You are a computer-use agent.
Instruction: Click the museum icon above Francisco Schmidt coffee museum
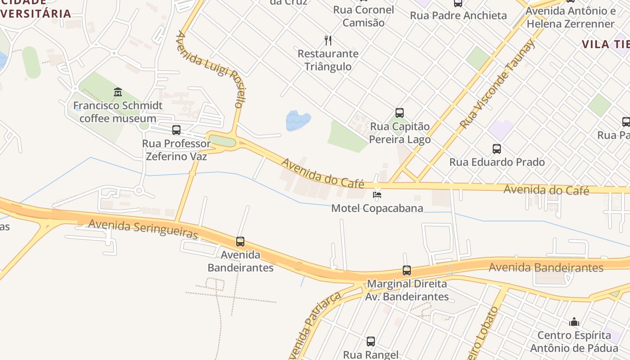tap(118, 92)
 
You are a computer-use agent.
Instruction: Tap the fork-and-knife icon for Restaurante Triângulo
tap(328, 40)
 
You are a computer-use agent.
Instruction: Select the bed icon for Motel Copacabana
tap(377, 194)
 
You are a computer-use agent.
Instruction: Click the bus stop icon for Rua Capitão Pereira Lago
tap(399, 113)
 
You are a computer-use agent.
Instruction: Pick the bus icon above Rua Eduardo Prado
tap(497, 149)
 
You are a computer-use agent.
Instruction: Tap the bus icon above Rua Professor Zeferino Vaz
tap(176, 130)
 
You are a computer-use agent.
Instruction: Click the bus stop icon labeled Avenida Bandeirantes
tap(240, 242)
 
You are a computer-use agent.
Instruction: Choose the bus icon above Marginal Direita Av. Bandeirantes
tap(407, 270)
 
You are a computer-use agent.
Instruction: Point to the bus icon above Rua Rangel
tap(370, 342)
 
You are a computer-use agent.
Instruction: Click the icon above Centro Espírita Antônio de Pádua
tap(574, 322)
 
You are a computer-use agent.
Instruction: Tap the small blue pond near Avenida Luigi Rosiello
tap(298, 120)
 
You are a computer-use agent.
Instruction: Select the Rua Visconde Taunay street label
tap(498, 83)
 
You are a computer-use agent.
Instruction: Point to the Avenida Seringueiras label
tap(143, 228)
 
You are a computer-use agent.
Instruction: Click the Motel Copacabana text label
tap(377, 208)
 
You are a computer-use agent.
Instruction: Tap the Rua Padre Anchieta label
tap(458, 15)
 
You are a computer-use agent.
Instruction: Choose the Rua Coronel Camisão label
tap(364, 16)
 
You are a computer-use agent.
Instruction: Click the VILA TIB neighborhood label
tap(605, 44)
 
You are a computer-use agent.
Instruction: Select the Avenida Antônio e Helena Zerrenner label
tap(571, 17)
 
